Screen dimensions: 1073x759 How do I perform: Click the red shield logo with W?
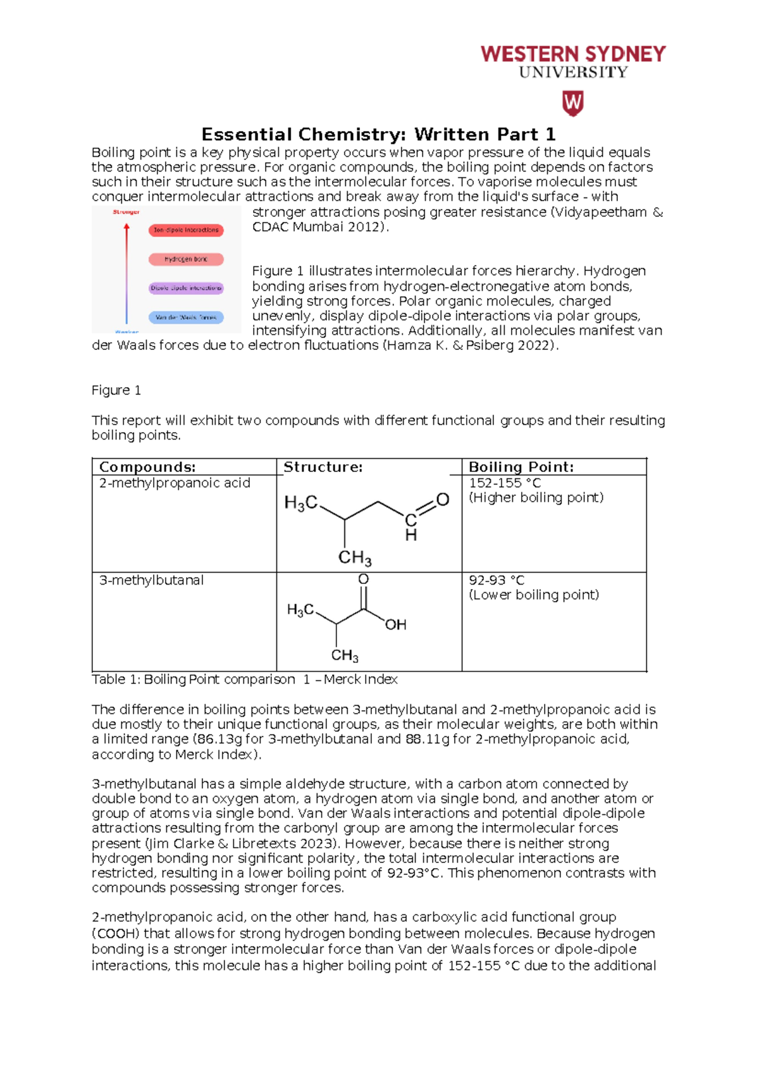pyautogui.click(x=572, y=103)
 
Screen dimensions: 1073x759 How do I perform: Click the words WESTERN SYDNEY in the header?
pyautogui.click(x=573, y=54)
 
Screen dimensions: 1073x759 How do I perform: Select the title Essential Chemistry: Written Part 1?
pyautogui.click(x=378, y=134)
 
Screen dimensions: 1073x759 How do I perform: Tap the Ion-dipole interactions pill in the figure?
pyautogui.click(x=186, y=230)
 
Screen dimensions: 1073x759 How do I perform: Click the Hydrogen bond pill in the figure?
pyautogui.click(x=186, y=259)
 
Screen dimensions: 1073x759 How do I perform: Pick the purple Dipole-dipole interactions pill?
pyautogui.click(x=186, y=288)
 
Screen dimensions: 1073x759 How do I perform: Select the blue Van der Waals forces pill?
pyautogui.click(x=186, y=318)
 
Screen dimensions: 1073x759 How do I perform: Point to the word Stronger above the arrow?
pyautogui.click(x=126, y=212)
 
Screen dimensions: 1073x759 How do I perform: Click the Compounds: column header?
pyautogui.click(x=147, y=467)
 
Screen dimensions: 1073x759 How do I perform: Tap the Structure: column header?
pyautogui.click(x=323, y=467)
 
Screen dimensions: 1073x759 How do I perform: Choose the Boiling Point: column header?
pyautogui.click(x=521, y=467)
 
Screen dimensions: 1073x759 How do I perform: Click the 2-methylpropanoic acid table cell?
pyautogui.click(x=175, y=483)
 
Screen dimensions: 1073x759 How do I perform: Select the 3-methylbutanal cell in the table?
pyautogui.click(x=151, y=580)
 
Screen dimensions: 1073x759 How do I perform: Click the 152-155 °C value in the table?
pyautogui.click(x=505, y=483)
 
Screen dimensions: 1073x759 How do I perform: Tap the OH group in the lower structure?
pyautogui.click(x=396, y=625)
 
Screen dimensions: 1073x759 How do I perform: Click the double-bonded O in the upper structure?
pyautogui.click(x=443, y=500)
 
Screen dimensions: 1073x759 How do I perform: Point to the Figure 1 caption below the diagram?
pyautogui.click(x=116, y=390)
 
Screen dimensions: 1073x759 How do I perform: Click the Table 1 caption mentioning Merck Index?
pyautogui.click(x=245, y=679)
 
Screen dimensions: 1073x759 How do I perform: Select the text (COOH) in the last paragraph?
pyautogui.click(x=116, y=934)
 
